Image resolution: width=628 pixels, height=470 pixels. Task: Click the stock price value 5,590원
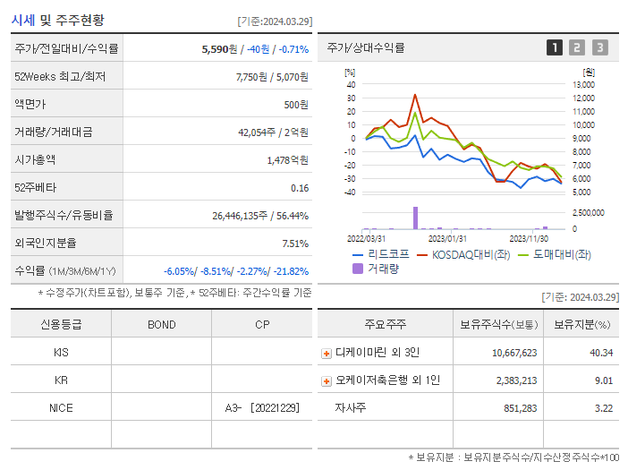coord(223,48)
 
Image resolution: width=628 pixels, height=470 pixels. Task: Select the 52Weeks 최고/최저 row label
coord(60,77)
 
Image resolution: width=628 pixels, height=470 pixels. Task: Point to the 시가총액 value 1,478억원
coord(287,160)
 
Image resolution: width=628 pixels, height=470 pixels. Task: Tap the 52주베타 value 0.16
coord(300,188)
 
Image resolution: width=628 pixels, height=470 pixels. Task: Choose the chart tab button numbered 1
coord(555,47)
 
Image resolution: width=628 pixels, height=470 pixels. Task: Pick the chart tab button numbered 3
coord(599,47)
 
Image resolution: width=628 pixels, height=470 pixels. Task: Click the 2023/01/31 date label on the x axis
coord(447,238)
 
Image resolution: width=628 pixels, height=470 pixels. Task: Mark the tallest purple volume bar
coord(415,218)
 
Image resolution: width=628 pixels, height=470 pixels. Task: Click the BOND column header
coord(161,324)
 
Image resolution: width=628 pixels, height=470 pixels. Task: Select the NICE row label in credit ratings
coord(61,407)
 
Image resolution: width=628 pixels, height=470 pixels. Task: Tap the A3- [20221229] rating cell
coord(262,407)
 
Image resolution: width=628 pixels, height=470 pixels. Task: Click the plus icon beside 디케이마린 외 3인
coord(327,353)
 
